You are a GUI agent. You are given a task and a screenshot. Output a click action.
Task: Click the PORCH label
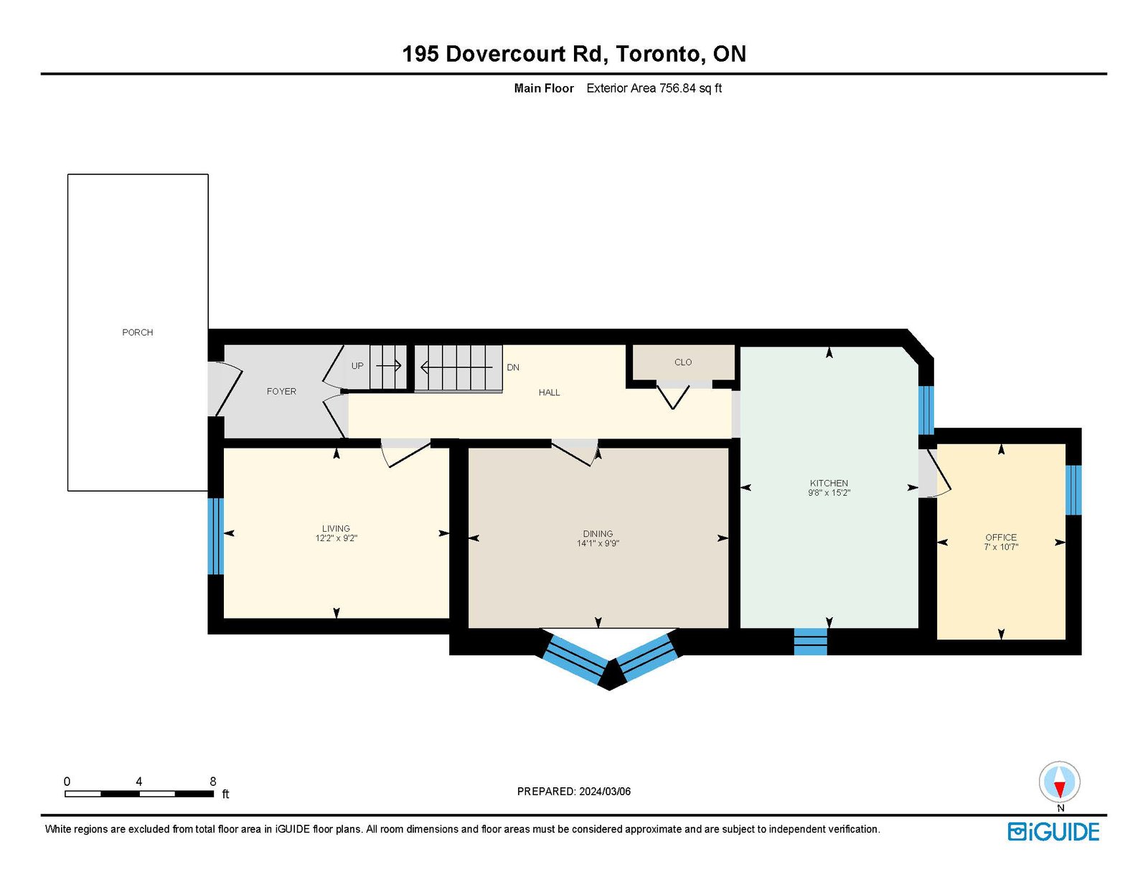(x=137, y=332)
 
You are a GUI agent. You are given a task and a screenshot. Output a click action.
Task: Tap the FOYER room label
(x=281, y=391)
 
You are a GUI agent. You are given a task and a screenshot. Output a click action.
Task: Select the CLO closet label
(x=683, y=362)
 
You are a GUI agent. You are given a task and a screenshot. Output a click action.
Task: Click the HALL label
(x=550, y=393)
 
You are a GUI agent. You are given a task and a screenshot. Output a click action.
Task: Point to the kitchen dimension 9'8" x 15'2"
(x=829, y=493)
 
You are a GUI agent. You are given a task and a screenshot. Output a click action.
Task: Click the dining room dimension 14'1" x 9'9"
(x=598, y=543)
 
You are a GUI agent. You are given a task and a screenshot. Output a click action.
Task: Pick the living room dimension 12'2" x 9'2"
(x=336, y=538)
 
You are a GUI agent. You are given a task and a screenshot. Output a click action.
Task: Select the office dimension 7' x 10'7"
(x=1001, y=547)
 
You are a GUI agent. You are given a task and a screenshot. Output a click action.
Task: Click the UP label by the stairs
(x=357, y=365)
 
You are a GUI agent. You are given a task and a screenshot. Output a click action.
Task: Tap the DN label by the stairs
(x=513, y=367)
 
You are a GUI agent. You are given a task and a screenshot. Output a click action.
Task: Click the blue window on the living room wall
(x=215, y=536)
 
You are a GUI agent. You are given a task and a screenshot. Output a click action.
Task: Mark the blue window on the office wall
(x=1073, y=489)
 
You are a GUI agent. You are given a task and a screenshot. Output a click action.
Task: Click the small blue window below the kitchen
(x=810, y=642)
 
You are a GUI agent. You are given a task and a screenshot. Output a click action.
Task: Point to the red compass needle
(x=1060, y=789)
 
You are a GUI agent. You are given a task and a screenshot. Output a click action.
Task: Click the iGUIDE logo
(x=1053, y=832)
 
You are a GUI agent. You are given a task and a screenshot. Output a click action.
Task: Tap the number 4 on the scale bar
(x=139, y=782)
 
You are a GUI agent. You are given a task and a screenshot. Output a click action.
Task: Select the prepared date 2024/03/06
(x=605, y=792)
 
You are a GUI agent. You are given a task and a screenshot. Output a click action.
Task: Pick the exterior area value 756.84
(x=678, y=88)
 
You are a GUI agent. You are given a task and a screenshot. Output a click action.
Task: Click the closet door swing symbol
(x=673, y=397)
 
